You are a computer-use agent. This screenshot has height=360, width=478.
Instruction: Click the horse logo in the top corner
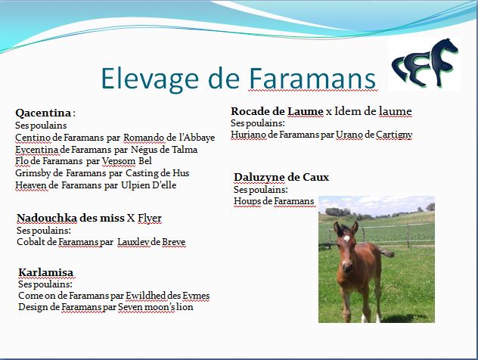425,63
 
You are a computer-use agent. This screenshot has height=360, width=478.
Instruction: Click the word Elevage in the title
150,79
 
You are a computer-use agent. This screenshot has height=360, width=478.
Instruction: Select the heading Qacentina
43,113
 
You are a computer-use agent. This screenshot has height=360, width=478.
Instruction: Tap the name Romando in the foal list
144,138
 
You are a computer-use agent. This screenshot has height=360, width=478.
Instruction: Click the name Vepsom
119,161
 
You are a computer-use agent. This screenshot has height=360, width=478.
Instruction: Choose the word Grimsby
33,173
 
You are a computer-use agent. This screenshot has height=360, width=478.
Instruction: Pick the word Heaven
32,185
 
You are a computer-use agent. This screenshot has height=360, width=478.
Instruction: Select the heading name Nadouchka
47,218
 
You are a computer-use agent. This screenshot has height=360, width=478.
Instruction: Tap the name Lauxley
133,242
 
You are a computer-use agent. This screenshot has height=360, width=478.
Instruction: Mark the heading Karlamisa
45,272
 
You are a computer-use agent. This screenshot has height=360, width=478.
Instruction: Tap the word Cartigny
394,135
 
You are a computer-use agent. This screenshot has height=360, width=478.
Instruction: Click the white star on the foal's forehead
346,238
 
